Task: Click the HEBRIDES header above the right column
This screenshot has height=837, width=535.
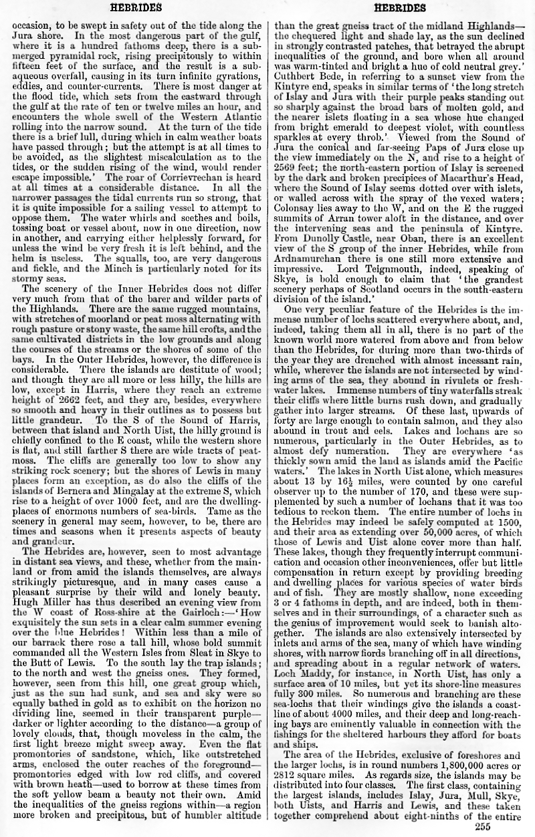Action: click(x=400, y=7)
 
